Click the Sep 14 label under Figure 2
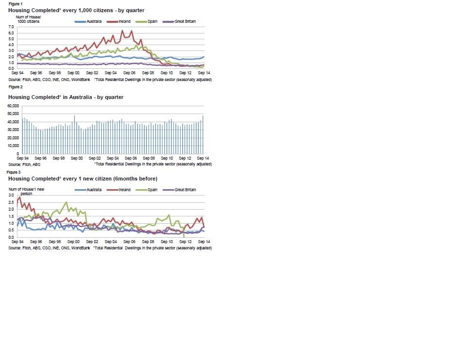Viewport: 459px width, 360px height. tap(203, 159)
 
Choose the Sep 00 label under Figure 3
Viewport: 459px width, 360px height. tap(74, 242)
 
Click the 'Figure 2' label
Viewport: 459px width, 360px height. tap(15, 87)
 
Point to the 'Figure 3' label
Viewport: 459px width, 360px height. tap(14, 172)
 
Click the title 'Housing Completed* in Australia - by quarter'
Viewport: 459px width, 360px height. tap(66, 97)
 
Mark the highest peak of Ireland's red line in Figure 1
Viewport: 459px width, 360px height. tap(122, 31)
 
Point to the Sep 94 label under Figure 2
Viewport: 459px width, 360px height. tap(22, 159)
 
